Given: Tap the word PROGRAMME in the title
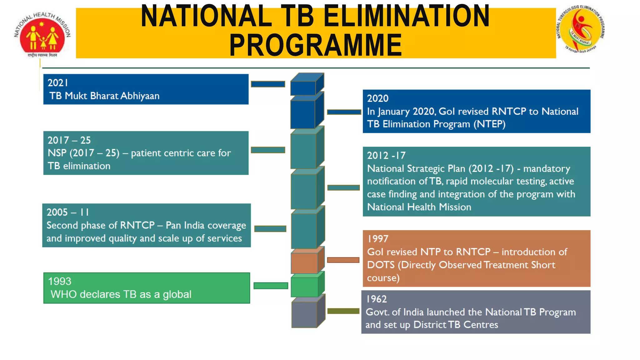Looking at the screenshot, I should [316, 45].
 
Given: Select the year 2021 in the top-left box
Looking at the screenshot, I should [58, 83].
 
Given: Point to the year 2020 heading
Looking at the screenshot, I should [377, 98].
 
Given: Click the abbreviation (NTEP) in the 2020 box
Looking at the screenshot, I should [489, 124].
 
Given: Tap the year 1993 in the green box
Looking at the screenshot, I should [60, 281].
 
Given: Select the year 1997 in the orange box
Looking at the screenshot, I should [377, 239].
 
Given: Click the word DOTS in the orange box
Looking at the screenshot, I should [381, 265].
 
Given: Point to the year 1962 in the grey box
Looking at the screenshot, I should [376, 299].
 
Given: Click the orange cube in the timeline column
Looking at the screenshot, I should [305, 262].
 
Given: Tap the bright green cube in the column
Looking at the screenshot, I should [305, 287].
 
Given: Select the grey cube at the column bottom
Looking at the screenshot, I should [305, 314].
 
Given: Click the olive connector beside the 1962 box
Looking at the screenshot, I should [343, 311].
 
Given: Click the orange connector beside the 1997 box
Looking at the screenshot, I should [343, 260].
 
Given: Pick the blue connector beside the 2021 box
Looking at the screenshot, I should [268, 84].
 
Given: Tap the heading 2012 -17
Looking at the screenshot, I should [386, 155].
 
